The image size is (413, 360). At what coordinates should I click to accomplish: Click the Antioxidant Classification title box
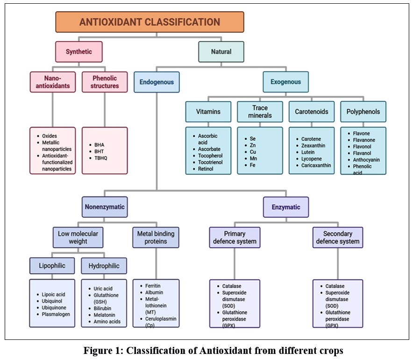150,22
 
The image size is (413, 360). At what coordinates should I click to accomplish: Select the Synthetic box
78,51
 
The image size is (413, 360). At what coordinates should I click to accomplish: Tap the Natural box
221,51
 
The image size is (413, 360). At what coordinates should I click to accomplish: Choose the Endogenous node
157,82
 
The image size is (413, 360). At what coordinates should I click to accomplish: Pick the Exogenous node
285,82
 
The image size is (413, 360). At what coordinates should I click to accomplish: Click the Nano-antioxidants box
52,82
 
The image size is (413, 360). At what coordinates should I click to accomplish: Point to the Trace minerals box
259,112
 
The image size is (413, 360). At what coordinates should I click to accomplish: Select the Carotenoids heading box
311,112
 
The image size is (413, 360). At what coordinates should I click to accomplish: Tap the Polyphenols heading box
363,112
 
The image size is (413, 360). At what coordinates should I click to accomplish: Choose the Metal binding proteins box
156,237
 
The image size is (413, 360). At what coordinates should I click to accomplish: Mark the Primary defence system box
234,237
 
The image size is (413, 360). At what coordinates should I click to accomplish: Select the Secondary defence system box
337,237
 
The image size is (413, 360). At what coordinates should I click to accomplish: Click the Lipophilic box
52,266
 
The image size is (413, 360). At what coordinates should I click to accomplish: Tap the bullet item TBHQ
101,158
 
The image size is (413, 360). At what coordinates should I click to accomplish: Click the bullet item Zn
253,146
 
